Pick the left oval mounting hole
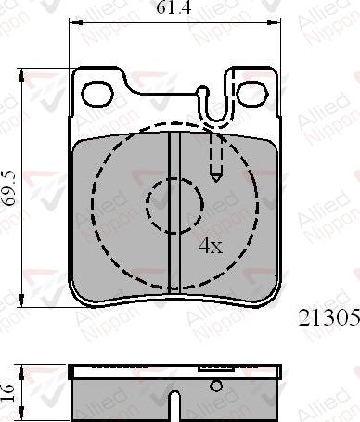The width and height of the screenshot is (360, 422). pyautogui.click(x=96, y=93)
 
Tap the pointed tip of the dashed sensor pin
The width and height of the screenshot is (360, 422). pyautogui.click(x=216, y=179)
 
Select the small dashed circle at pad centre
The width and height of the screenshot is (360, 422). pyautogui.click(x=175, y=204)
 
